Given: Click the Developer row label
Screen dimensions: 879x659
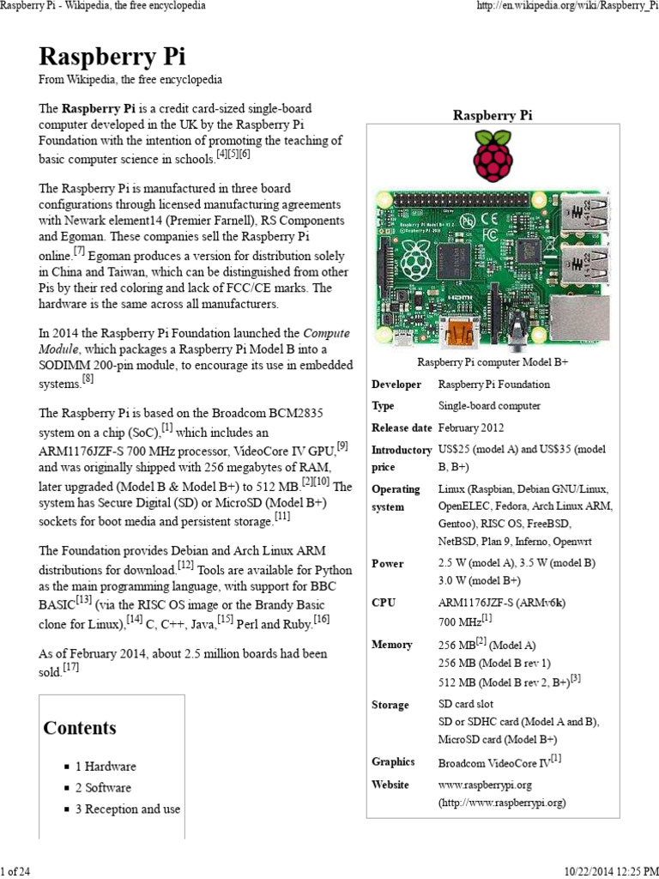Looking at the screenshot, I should tap(396, 385).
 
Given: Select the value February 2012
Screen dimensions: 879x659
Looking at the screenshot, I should tap(471, 427).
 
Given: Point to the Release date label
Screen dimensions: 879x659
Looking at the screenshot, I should tap(402, 427).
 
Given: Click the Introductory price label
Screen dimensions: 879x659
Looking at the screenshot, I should tap(402, 458).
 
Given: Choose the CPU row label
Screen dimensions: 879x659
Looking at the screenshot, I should tap(384, 603).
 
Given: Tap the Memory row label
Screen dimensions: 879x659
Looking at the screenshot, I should tap(392, 645).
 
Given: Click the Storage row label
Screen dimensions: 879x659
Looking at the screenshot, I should tap(390, 705).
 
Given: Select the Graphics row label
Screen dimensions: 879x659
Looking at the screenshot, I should tap(393, 761).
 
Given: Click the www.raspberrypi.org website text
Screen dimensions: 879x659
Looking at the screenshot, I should tap(486, 785).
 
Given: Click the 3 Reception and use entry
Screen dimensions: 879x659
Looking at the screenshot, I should tap(128, 809).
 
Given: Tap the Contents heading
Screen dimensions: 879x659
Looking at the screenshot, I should tap(80, 728).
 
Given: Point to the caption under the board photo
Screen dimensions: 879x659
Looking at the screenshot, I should tap(493, 363).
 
